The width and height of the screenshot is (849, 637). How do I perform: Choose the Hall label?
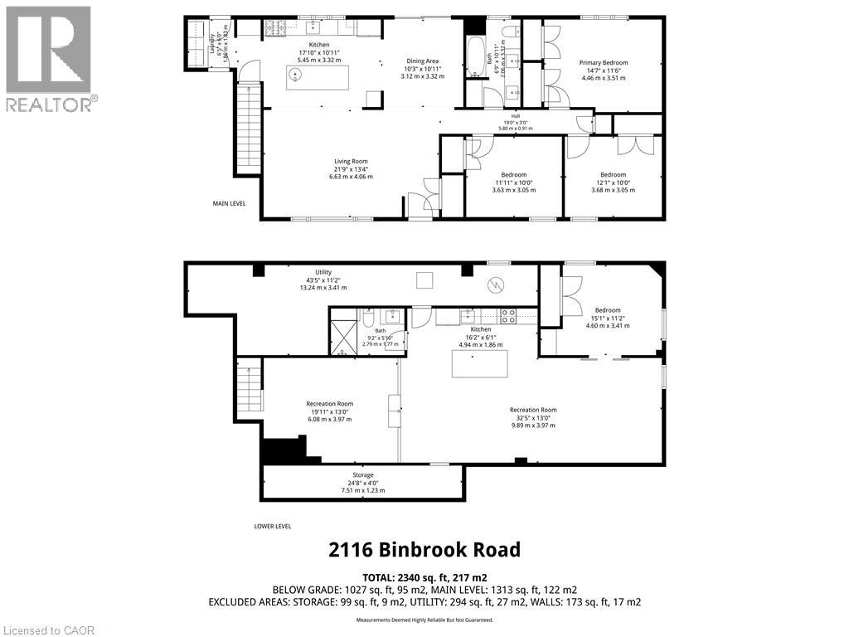coord(514,122)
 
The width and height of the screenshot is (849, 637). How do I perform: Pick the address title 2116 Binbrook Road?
coord(424,549)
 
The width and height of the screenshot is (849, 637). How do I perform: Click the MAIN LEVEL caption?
coord(229,202)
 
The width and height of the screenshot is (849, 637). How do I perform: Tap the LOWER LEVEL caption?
coord(273,526)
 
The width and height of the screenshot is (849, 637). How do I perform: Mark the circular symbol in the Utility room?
coord(496,285)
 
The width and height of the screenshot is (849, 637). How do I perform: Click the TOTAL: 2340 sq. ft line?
coord(424,577)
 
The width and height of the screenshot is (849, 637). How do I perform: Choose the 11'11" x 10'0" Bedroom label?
coord(513,182)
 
